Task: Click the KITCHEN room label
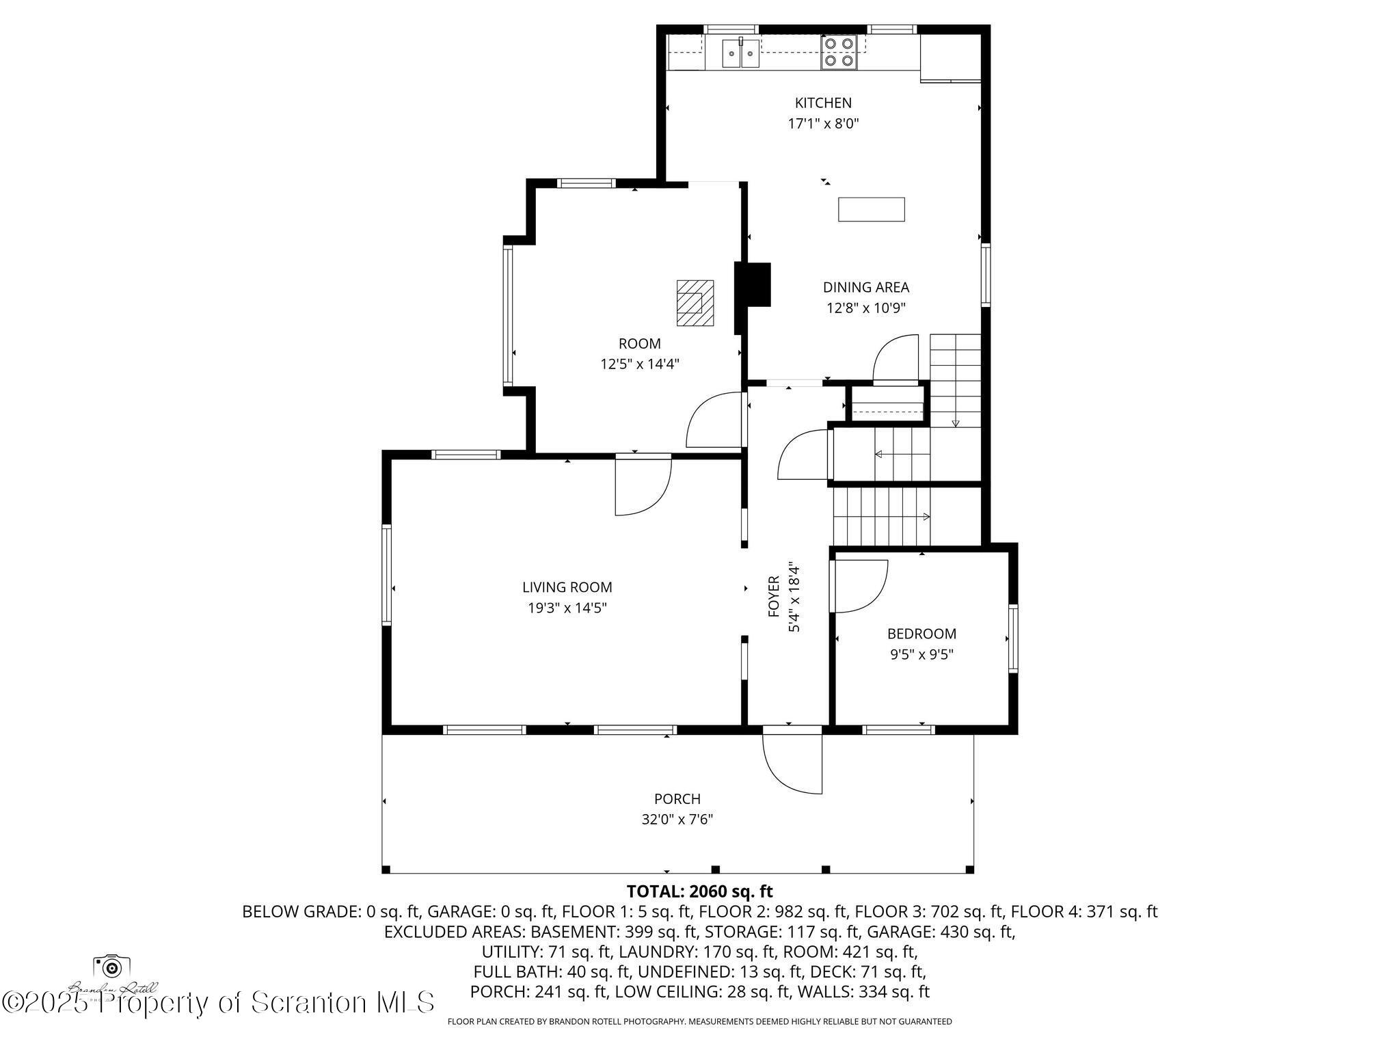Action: pos(823,103)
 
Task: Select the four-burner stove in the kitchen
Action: pos(839,52)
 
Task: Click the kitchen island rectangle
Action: pos(871,209)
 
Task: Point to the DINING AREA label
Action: pos(865,287)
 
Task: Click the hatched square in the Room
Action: pos(695,302)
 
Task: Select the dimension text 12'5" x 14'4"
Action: pos(639,364)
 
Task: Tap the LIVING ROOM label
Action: pos(567,587)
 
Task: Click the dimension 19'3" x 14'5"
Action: pos(567,608)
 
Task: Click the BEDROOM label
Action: pos(921,634)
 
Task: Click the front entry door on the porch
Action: pos(793,762)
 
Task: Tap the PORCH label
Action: pos(677,798)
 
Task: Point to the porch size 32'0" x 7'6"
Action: pos(677,819)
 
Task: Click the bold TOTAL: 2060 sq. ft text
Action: pos(699,891)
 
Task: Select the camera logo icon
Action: pos(111,967)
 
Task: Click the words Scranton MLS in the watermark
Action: pos(342,1002)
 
